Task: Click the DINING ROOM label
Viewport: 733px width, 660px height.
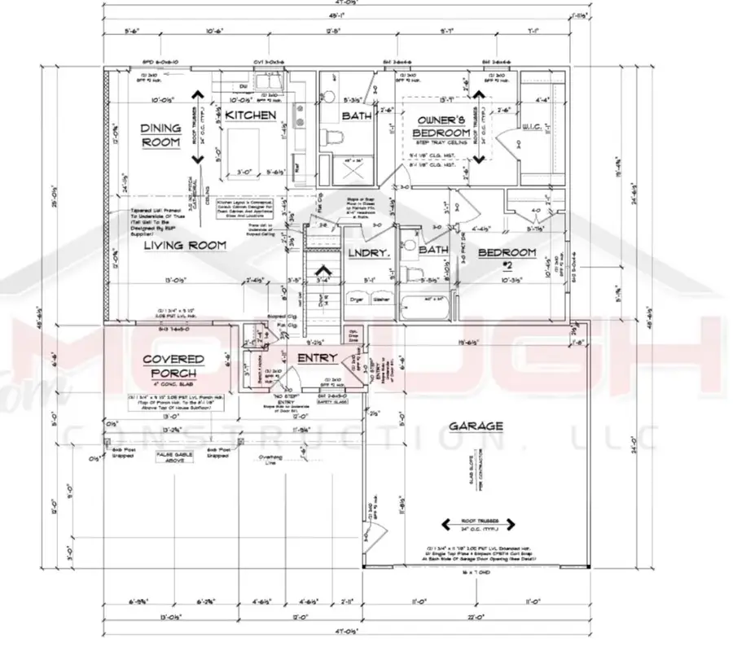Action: [160, 135]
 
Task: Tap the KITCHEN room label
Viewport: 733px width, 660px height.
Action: [251, 116]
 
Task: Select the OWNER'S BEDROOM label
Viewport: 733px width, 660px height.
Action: [441, 126]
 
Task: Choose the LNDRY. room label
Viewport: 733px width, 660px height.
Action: [369, 253]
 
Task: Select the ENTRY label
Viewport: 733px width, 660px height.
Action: [317, 358]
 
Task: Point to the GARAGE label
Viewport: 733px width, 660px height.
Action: [476, 426]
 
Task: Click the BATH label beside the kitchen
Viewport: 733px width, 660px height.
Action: [356, 116]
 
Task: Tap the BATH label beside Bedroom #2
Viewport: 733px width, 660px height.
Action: [434, 251]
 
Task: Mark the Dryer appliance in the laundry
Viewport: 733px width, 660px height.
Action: [356, 298]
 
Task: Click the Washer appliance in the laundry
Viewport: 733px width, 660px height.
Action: [380, 298]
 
